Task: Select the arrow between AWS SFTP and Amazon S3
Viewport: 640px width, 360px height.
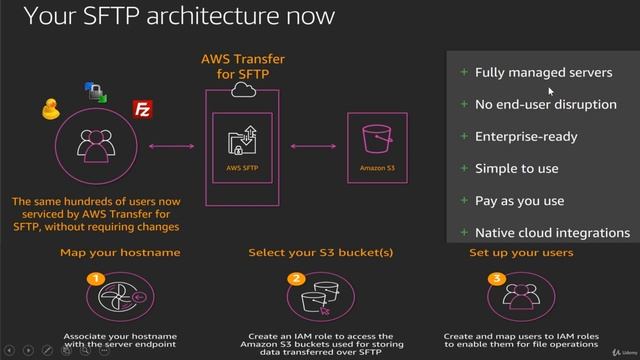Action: [311, 147]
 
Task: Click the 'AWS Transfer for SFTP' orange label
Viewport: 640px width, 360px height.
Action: [243, 66]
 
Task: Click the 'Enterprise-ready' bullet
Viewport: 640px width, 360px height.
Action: [526, 136]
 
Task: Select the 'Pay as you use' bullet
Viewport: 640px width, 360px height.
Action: [520, 200]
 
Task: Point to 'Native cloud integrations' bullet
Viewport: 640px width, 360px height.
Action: [552, 232]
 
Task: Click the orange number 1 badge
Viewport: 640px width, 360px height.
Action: [96, 279]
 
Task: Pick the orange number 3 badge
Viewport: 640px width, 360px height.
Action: [495, 279]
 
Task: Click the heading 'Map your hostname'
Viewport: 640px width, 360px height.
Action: [111, 253]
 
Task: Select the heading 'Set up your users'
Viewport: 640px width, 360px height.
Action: [521, 253]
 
